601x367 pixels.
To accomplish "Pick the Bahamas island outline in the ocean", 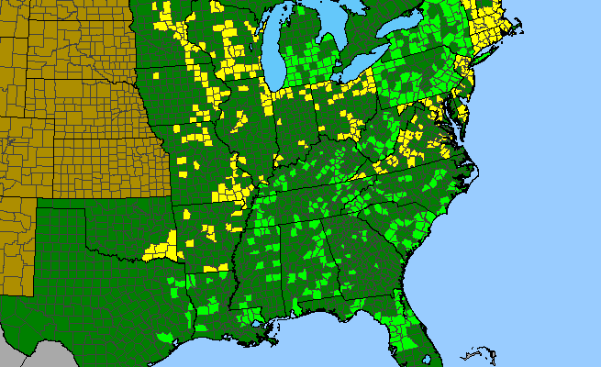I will point(477,354).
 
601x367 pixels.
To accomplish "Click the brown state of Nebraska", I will point(83,101).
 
